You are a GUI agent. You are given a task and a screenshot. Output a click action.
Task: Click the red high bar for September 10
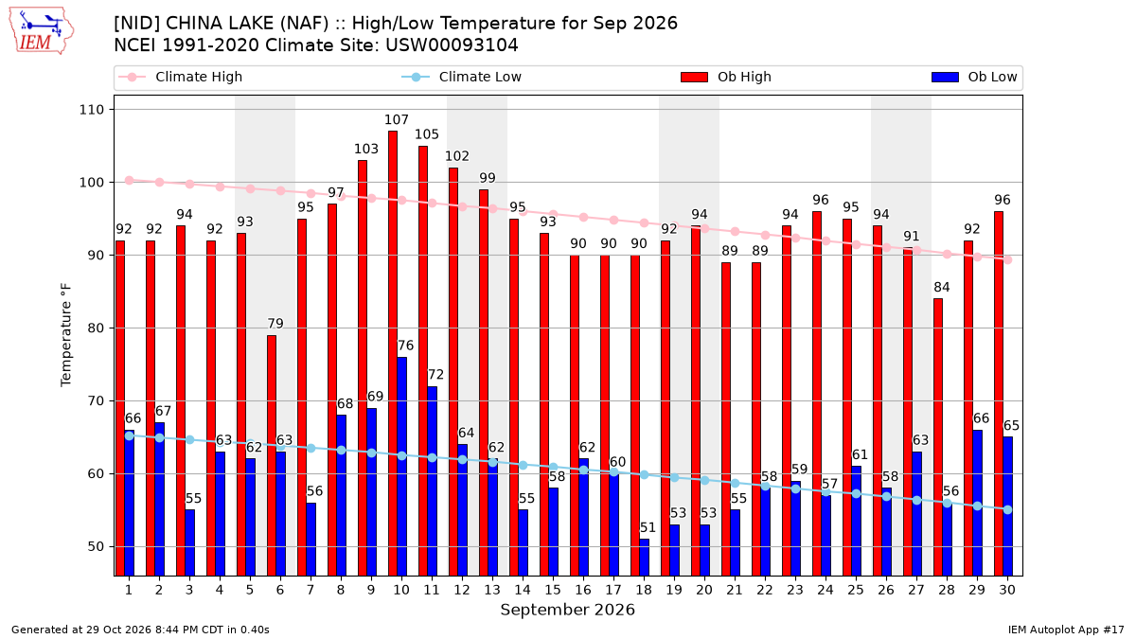[393, 353]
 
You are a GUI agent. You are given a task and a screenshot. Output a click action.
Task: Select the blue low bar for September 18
[644, 558]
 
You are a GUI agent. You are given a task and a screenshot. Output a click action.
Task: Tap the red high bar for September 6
[272, 455]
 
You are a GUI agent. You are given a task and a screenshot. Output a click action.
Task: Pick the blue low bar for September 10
[401, 467]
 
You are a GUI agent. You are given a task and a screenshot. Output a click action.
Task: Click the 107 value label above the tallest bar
[396, 119]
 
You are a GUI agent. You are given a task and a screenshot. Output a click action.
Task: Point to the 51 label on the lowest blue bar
[648, 527]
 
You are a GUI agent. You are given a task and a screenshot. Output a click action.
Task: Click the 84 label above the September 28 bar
[942, 287]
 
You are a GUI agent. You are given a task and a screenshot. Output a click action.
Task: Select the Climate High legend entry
[180, 77]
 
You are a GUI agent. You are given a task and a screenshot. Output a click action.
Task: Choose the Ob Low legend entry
[974, 77]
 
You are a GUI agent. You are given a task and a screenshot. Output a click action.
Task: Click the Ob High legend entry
[726, 77]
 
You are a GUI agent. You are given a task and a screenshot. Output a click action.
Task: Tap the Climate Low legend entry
[461, 77]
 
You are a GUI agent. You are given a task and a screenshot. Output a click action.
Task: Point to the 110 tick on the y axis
[91, 110]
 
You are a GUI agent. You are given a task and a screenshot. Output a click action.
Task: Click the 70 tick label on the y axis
[96, 401]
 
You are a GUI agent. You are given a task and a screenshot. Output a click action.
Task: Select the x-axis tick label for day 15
[553, 591]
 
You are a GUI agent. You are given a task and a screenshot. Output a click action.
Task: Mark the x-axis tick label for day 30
[1007, 591]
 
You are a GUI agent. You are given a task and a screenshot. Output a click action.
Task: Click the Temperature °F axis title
[66, 335]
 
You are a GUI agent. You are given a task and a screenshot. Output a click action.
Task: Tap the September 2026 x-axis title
[567, 610]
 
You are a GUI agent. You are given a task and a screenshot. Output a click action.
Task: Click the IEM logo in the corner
[41, 30]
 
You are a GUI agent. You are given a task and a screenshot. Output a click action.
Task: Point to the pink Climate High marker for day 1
[130, 181]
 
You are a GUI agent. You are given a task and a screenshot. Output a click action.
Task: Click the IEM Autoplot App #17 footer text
[1066, 630]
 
